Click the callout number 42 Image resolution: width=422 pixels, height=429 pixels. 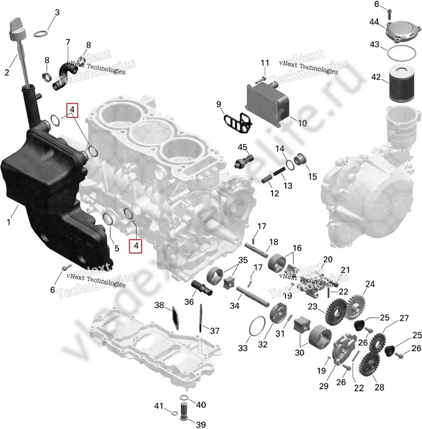(x=376, y=77)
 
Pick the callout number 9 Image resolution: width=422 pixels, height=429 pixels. (x=218, y=103)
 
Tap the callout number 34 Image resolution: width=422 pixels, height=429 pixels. (x=232, y=306)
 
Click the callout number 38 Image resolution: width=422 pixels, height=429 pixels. (x=159, y=305)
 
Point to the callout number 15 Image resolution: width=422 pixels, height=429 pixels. (x=312, y=175)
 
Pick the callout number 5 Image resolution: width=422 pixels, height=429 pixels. (x=116, y=248)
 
